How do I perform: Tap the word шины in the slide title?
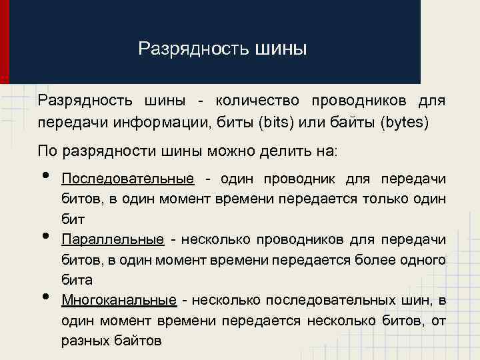tap(281, 49)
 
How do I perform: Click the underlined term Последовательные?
tap(127, 179)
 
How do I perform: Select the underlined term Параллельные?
tap(113, 239)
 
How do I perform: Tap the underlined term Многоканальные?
tap(119, 300)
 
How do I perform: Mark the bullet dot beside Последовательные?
tap(45, 175)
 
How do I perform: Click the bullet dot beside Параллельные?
tap(45, 236)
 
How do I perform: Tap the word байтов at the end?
tap(138, 341)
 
